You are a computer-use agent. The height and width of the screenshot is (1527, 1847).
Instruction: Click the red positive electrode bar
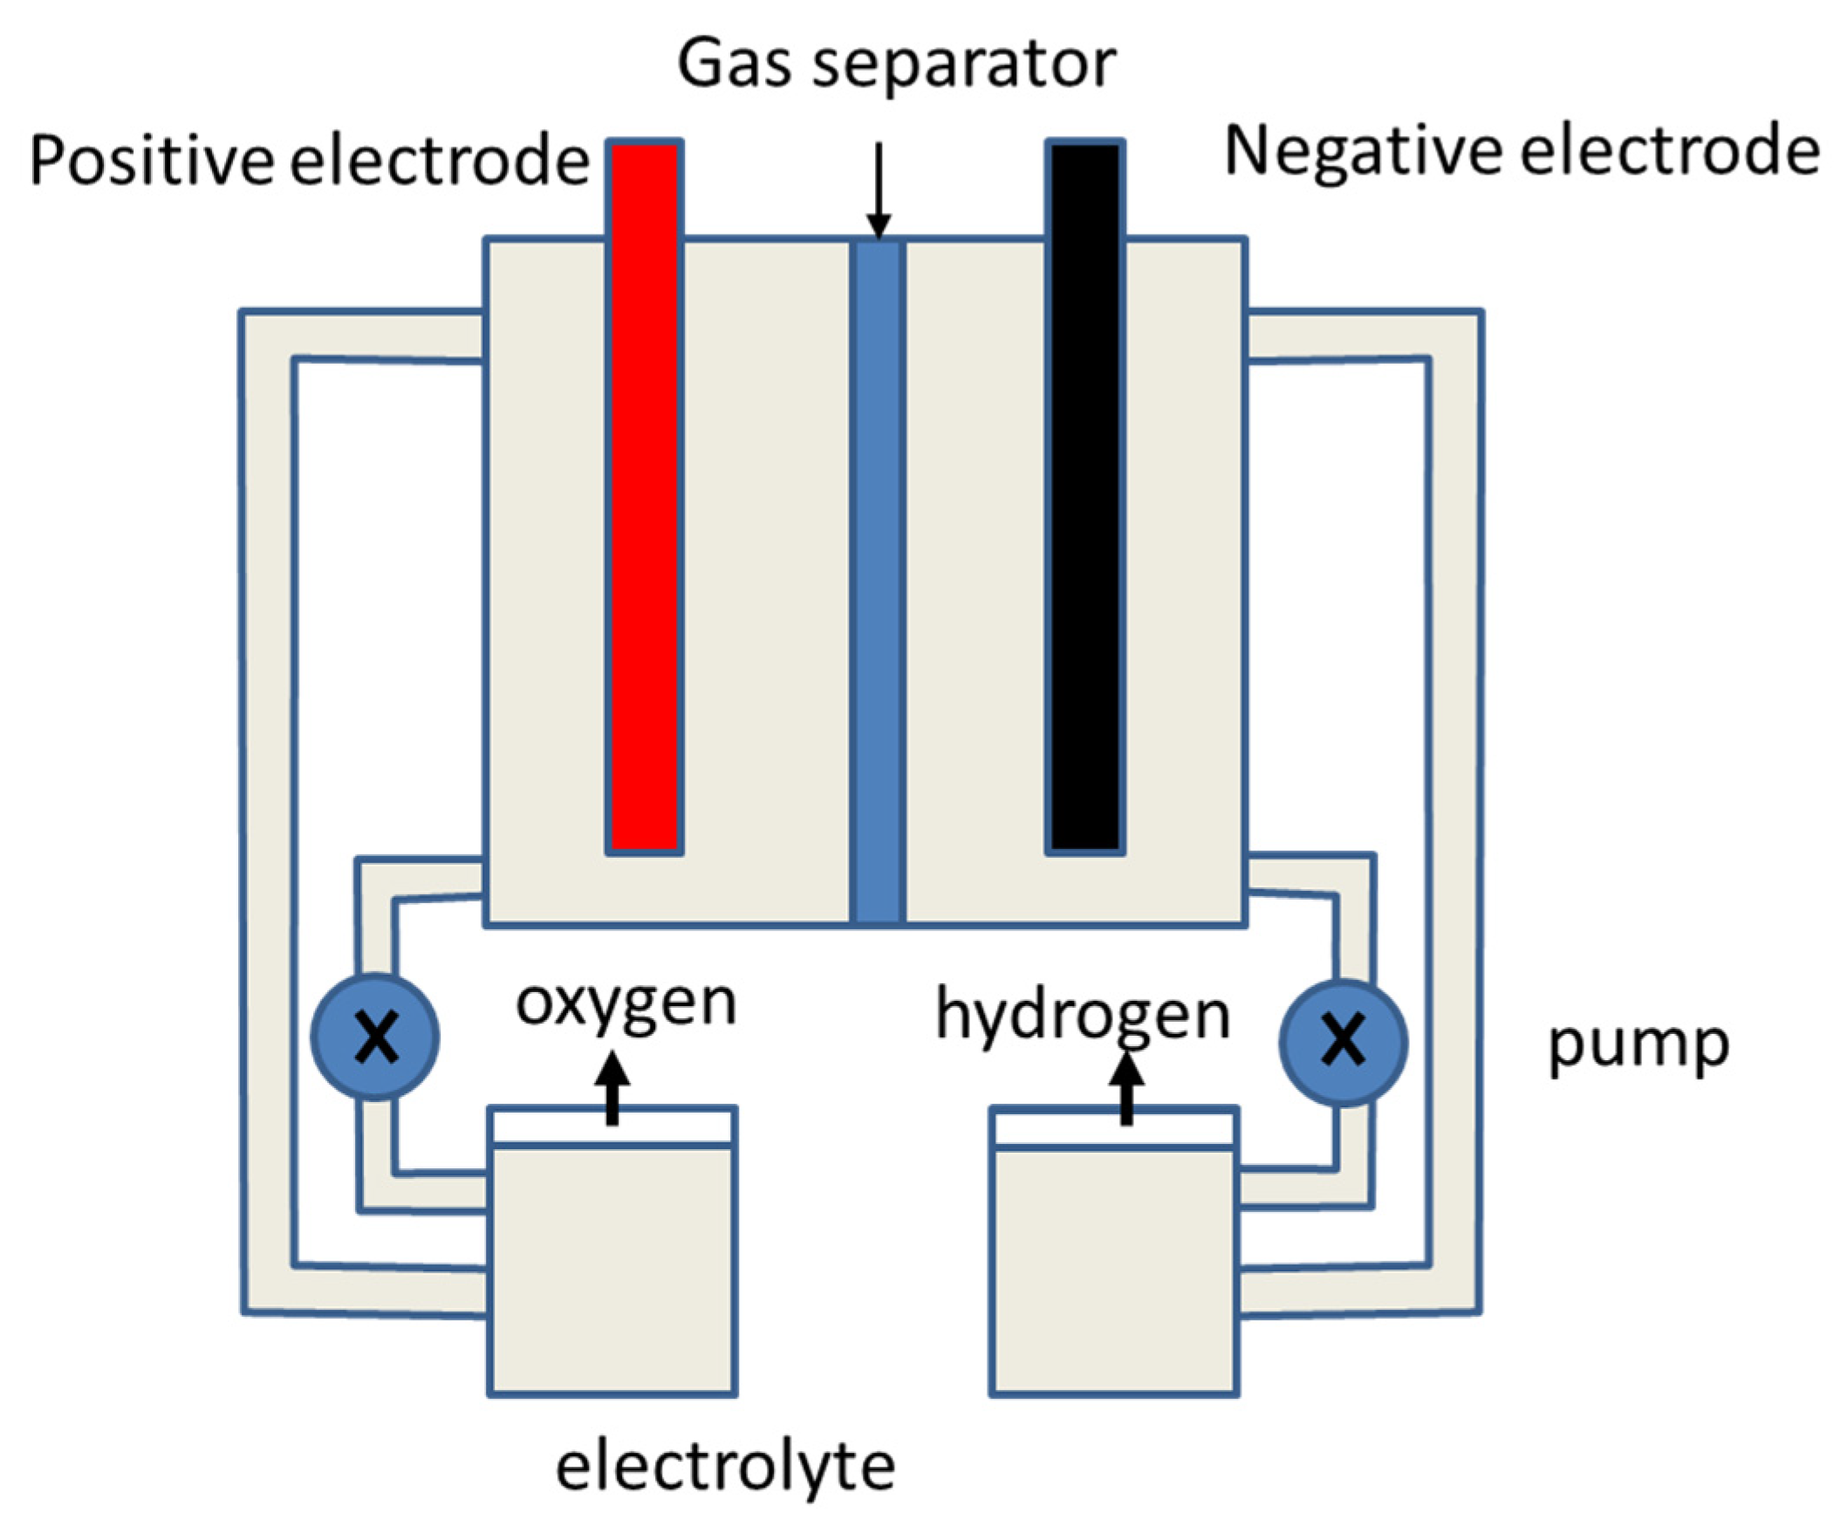(645, 497)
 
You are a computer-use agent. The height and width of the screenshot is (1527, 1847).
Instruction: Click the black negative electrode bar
(1084, 497)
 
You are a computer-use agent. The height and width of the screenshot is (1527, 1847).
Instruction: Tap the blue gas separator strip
(878, 580)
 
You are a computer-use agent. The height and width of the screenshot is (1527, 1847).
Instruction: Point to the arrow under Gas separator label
(878, 189)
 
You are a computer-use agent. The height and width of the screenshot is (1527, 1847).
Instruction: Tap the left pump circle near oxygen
(375, 1037)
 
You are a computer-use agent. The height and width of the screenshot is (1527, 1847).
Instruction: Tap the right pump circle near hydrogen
(1343, 1042)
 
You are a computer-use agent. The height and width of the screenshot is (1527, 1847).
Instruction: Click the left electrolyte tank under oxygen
(612, 1267)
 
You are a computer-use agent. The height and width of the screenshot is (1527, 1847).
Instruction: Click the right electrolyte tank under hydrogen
(1114, 1267)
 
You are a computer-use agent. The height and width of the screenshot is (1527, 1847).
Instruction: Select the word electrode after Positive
(440, 161)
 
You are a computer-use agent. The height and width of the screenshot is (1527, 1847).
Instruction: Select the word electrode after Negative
(1669, 152)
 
